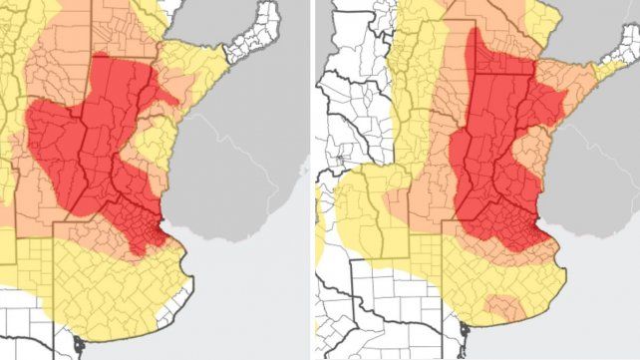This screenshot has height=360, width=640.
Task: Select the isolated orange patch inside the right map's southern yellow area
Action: [503, 303]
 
